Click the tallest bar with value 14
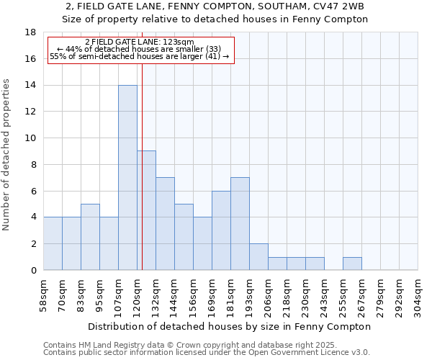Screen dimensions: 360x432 click(x=127, y=178)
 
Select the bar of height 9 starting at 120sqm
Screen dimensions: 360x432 click(x=146, y=210)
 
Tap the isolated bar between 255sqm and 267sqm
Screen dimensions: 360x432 click(x=352, y=264)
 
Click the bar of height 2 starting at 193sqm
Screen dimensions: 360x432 click(x=258, y=257)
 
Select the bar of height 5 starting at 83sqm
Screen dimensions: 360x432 click(x=90, y=237)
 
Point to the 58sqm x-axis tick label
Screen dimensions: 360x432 click(x=44, y=294)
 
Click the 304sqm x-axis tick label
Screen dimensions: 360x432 click(x=418, y=294)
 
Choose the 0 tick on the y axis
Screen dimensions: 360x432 click(x=33, y=270)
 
